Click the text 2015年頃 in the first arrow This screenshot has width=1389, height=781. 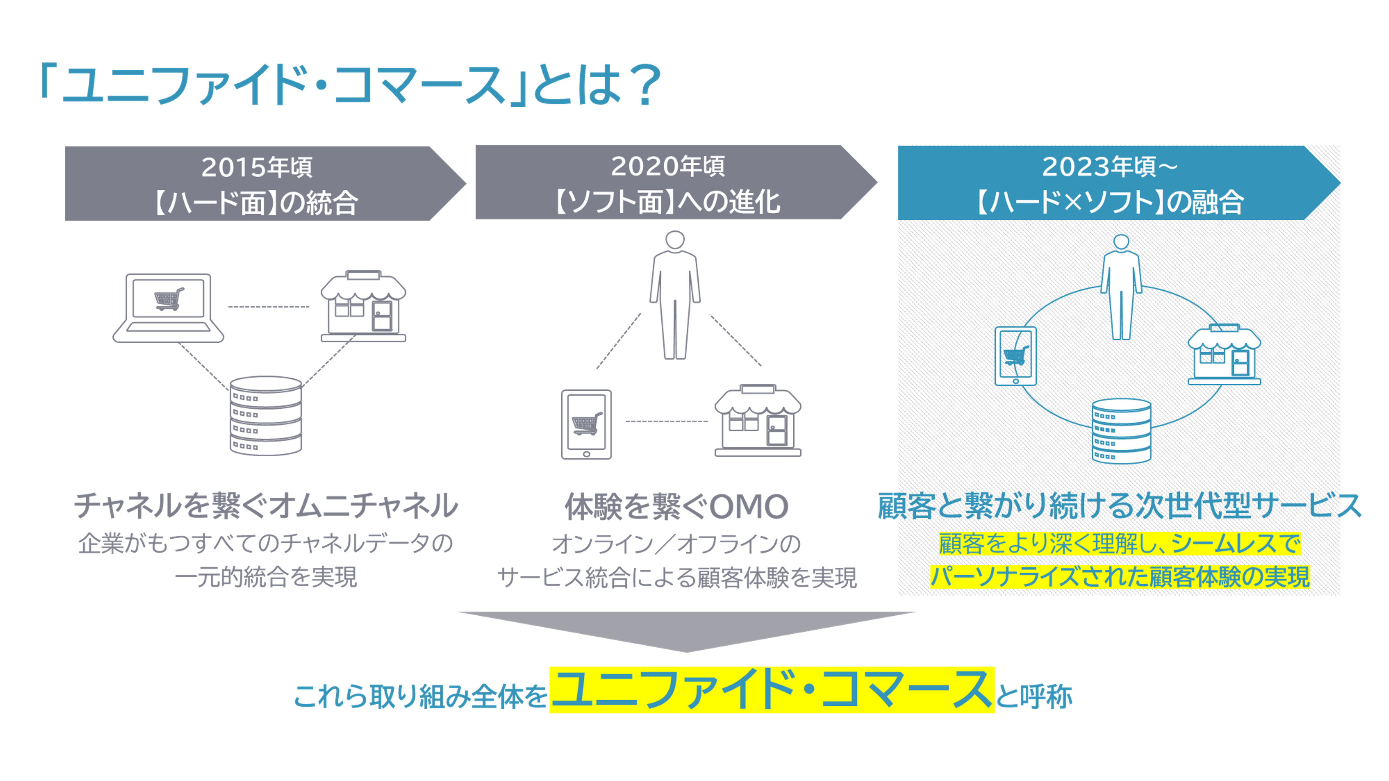point(257,167)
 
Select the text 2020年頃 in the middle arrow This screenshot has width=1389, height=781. point(668,166)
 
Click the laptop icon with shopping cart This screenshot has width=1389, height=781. point(168,308)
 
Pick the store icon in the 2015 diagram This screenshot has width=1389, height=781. point(363,306)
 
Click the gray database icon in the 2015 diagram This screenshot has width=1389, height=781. point(266,416)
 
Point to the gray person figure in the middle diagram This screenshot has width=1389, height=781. point(675,295)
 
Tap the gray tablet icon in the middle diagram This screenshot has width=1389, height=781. point(586,424)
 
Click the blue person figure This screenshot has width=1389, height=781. point(1121,287)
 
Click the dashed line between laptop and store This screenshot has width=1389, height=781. point(269,307)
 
